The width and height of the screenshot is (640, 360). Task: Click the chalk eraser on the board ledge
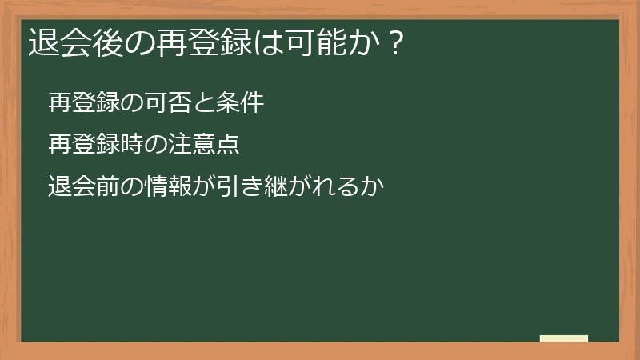[564, 338]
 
